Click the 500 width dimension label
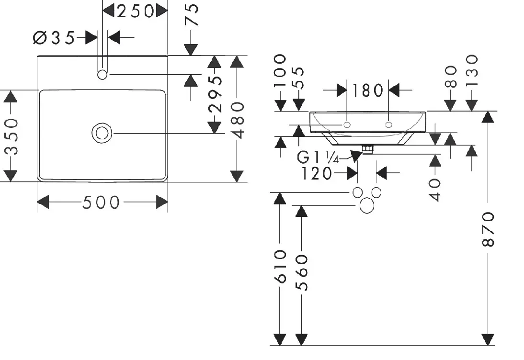click(x=101, y=202)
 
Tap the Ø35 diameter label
click(x=54, y=37)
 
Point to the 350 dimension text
click(x=11, y=136)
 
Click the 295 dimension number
click(x=215, y=94)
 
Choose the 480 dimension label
click(x=238, y=121)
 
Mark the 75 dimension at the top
click(x=192, y=15)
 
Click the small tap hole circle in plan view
click(x=102, y=75)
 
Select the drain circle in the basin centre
click(x=102, y=133)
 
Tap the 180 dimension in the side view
click(x=367, y=90)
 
